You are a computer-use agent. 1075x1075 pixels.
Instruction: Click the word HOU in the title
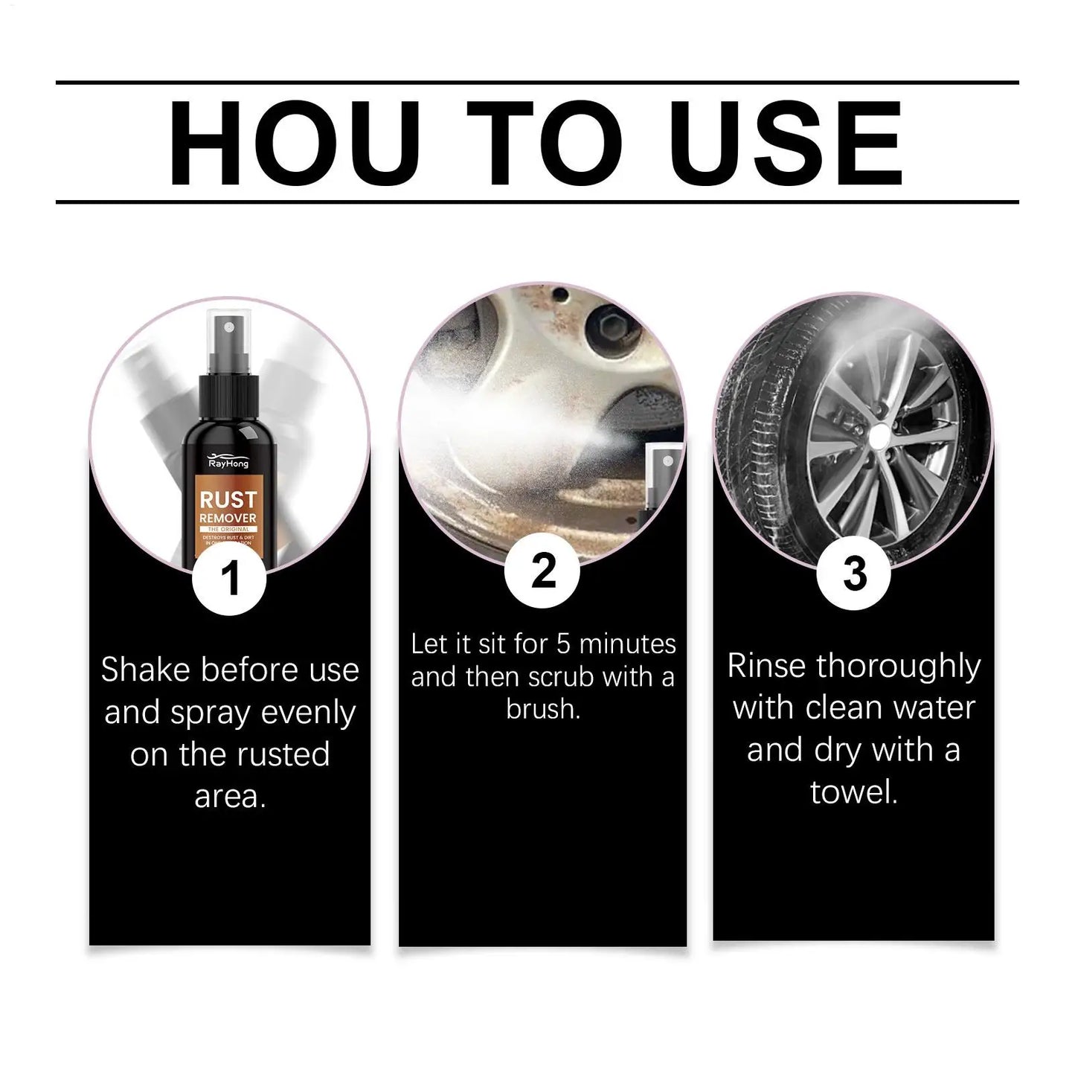(294, 142)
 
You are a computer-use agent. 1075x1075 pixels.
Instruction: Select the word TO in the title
(544, 142)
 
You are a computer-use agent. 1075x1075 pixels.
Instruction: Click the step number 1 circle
(230, 578)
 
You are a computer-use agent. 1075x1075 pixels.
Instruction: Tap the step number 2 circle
(543, 572)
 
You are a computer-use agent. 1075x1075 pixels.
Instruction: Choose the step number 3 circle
(854, 574)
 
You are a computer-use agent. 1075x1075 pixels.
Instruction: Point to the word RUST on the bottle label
(228, 499)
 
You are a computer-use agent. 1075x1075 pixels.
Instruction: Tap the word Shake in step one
(146, 670)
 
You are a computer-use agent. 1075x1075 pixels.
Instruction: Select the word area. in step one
(230, 797)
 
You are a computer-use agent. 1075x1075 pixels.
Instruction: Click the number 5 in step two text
(563, 644)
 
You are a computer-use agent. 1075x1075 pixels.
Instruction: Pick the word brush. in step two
(543, 709)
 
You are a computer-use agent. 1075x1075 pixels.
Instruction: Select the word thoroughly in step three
(899, 667)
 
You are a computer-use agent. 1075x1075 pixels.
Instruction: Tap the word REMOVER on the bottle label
(228, 519)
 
